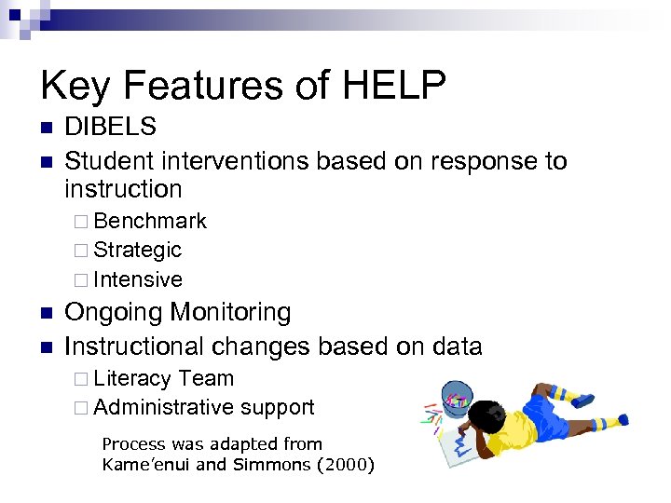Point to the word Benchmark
pos(150,221)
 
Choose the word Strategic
pos(137,250)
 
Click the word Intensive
pos(138,279)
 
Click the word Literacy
pos(132,378)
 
